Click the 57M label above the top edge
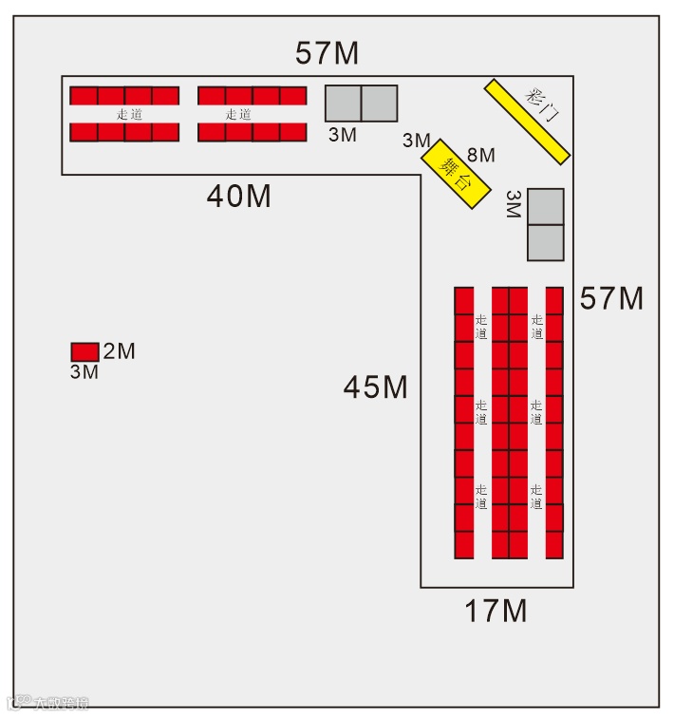click(327, 53)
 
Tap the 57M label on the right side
click(611, 299)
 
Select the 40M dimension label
click(239, 197)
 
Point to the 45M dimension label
click(376, 387)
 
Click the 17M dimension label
click(496, 611)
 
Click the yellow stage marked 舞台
click(457, 174)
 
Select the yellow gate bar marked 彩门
click(528, 121)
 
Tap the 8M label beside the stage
click(481, 154)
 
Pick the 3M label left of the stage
click(416, 141)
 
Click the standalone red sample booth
click(84, 351)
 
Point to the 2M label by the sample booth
click(120, 351)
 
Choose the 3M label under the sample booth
click(84, 372)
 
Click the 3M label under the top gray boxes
click(342, 135)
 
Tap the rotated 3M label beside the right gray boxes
click(514, 203)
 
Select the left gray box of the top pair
click(343, 104)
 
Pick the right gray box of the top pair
click(379, 104)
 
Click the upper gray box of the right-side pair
click(546, 206)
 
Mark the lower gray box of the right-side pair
click(546, 242)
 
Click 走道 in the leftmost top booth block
click(129, 114)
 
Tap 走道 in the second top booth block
click(238, 114)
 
